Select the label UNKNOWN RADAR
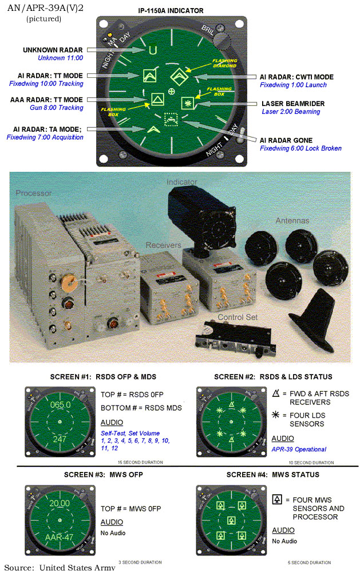pyautogui.click(x=52, y=50)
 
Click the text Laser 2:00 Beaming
pyautogui.click(x=291, y=112)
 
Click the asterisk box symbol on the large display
pyautogui.click(x=187, y=103)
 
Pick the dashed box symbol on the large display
pyautogui.click(x=171, y=120)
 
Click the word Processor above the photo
pyautogui.click(x=33, y=193)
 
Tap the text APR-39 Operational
pyautogui.click(x=299, y=450)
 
